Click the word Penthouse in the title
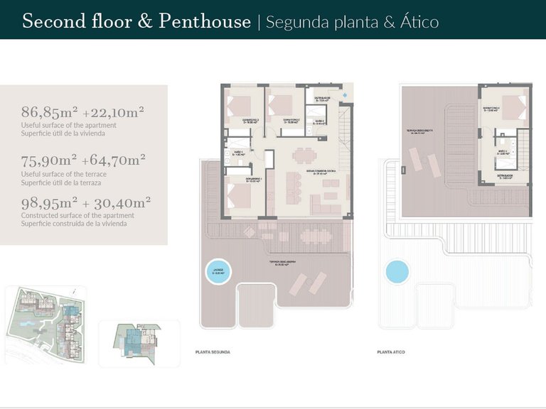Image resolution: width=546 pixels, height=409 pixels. [x=204, y=21]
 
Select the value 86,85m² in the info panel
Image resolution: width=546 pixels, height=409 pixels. [x=49, y=112]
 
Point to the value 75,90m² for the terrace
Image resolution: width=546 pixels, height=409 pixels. [x=49, y=160]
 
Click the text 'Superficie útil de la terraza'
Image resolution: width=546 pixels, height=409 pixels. [x=64, y=182]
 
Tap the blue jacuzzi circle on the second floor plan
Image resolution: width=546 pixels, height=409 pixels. [x=218, y=271]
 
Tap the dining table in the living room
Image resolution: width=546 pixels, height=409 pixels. [x=304, y=156]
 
